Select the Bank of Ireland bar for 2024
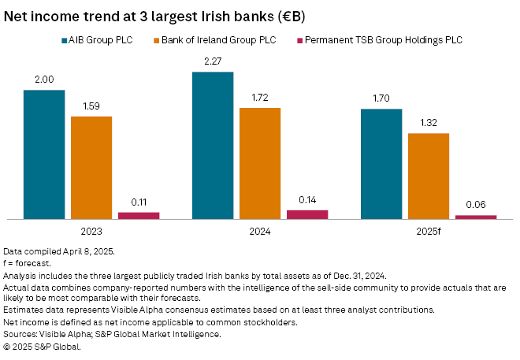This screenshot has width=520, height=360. tap(260, 163)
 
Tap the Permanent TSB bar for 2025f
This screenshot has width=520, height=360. tap(476, 217)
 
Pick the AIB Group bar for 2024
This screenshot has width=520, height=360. tap(213, 145)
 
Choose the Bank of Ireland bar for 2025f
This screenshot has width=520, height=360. tap(429, 176)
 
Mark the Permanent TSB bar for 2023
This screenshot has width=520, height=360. tap(139, 215)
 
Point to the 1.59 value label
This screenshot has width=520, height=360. tap(91, 106)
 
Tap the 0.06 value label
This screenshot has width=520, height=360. tap(476, 205)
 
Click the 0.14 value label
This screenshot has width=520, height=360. tap(307, 200)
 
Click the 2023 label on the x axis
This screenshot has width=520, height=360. tap(91, 233)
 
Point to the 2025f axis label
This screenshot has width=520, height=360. tap(429, 233)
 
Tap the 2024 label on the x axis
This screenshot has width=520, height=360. tap(260, 233)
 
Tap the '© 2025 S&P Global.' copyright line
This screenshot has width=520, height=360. tap(42, 346)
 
